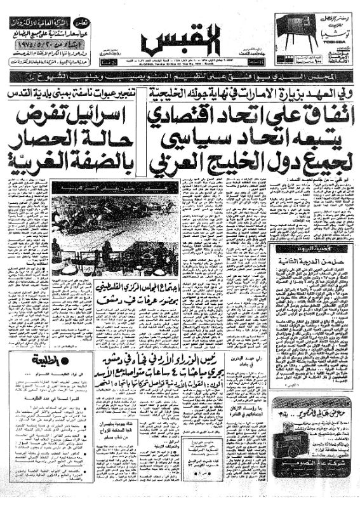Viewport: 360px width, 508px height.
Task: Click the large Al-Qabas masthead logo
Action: point(180,39)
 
